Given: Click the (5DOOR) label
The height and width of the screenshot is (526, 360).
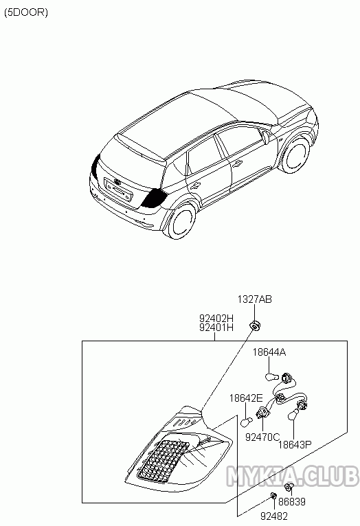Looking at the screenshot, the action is click(26, 12).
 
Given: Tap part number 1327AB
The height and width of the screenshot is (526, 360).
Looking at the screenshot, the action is click(255, 299).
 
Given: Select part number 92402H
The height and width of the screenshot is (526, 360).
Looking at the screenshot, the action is click(216, 318).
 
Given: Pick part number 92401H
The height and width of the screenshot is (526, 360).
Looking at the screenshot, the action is click(216, 327).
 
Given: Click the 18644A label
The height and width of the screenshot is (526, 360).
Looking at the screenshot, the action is click(269, 352).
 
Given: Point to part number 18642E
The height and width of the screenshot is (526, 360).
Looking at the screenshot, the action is click(246, 398).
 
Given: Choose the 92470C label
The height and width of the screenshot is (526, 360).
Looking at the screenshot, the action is click(262, 437).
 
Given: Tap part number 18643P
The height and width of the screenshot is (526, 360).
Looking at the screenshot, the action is click(295, 444).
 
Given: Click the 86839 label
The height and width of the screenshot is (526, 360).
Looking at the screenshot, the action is click(292, 501).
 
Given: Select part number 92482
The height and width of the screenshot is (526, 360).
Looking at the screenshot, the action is click(274, 516).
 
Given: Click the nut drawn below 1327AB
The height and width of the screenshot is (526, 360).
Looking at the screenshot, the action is click(255, 325).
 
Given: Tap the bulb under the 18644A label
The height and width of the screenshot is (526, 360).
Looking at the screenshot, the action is click(271, 378).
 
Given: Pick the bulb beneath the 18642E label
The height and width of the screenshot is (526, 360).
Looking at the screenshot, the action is click(247, 422).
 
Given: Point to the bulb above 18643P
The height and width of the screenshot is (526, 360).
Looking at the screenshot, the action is click(293, 414).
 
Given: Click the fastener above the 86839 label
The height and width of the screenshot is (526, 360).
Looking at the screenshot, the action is click(288, 487).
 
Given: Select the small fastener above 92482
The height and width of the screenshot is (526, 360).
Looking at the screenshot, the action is click(273, 496).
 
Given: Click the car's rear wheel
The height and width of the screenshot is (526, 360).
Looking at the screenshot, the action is click(182, 220).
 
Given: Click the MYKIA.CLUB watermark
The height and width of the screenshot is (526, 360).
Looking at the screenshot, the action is click(293, 475).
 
